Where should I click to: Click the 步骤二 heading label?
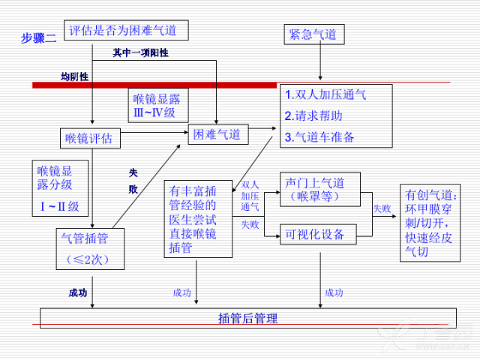pyautogui.click(x=38, y=38)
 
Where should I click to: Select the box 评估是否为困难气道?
pyautogui.click(x=126, y=30)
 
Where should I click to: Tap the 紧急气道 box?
pyautogui.click(x=314, y=34)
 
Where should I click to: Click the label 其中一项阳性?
pyautogui.click(x=140, y=53)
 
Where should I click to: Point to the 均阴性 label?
pyautogui.click(x=75, y=76)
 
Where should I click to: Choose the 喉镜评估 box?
pyautogui.click(x=90, y=138)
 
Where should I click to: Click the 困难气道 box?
pyautogui.click(x=218, y=134)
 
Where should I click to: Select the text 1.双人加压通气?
pyautogui.click(x=325, y=94)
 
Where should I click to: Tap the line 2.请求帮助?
pyautogui.click(x=313, y=115)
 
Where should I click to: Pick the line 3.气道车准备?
pyautogui.click(x=319, y=136)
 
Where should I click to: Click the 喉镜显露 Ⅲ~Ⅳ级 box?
pyautogui.click(x=158, y=106)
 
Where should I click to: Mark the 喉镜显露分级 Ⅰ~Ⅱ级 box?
pyautogui.click(x=60, y=188)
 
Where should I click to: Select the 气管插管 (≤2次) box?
pyautogui.click(x=90, y=249)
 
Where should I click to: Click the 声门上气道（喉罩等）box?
pyautogui.click(x=320, y=189)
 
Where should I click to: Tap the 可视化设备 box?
pyautogui.click(x=318, y=234)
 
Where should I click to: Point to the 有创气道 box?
pyautogui.click(x=430, y=223)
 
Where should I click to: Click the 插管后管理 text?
pyautogui.click(x=248, y=318)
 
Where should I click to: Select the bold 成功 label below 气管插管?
pyautogui.click(x=78, y=293)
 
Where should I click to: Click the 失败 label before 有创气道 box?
pyautogui.click(x=382, y=208)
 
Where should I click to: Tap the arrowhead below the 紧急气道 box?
pyautogui.click(x=320, y=78)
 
